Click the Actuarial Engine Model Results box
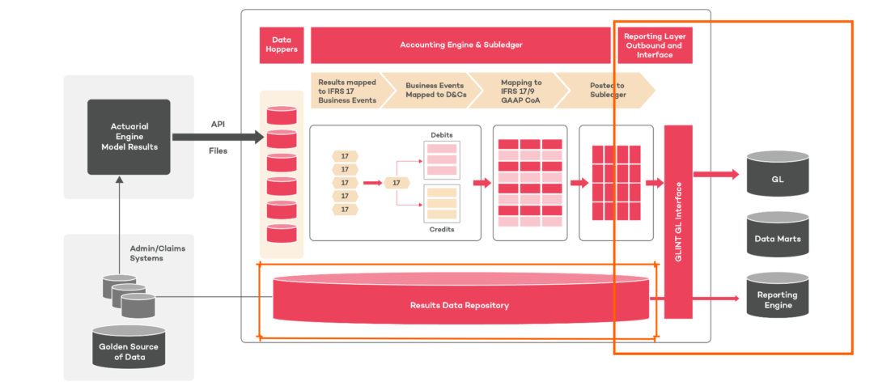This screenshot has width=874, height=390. pyautogui.click(x=129, y=137)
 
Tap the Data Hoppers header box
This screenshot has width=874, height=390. pyautogui.click(x=281, y=45)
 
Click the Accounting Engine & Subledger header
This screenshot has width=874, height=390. pyautogui.click(x=460, y=45)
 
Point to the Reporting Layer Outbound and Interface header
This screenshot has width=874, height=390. pyautogui.click(x=653, y=45)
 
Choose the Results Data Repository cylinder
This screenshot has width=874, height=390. pyautogui.click(x=460, y=305)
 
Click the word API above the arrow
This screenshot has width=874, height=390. pyautogui.click(x=218, y=125)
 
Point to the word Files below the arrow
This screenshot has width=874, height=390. pyautogui.click(x=218, y=150)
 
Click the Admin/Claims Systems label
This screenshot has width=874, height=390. pyautogui.click(x=158, y=252)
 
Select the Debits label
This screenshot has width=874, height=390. pyautogui.click(x=441, y=134)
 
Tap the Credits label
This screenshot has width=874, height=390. pyautogui.click(x=441, y=230)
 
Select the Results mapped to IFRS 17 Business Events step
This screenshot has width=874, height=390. pyautogui.click(x=346, y=90)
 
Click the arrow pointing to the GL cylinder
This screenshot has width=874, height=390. pyautogui.click(x=716, y=174)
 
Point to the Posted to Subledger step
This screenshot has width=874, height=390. pyautogui.click(x=607, y=90)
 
